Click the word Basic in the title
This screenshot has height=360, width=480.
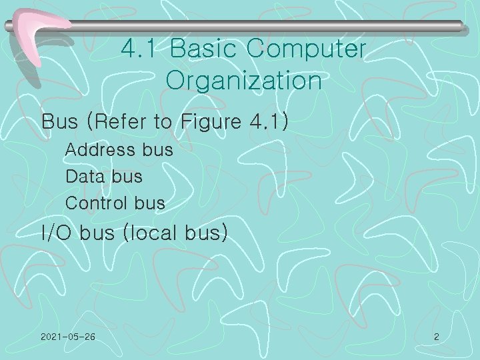pyautogui.click(x=203, y=49)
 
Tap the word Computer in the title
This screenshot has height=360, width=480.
pyautogui.click(x=306, y=49)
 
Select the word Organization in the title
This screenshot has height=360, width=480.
pyautogui.click(x=244, y=81)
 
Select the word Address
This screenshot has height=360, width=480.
pyautogui.click(x=101, y=150)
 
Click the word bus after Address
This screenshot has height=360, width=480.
pyautogui.click(x=157, y=150)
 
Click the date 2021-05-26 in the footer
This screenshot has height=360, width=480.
pyautogui.click(x=67, y=337)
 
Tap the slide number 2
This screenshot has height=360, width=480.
pyautogui.click(x=436, y=337)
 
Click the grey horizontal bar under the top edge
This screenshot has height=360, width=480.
pyautogui.click(x=267, y=25)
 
